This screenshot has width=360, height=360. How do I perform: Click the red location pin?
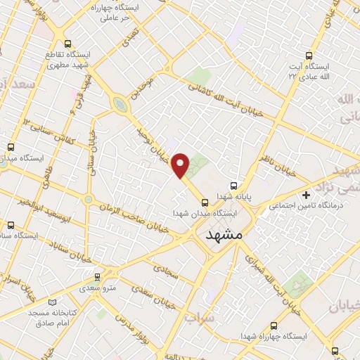(x=181, y=165)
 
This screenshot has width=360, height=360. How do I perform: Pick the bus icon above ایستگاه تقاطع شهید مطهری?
(x=68, y=44)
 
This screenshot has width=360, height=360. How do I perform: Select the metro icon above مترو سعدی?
(x=96, y=276)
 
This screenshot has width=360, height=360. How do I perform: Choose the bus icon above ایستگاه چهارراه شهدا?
(x=274, y=325)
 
